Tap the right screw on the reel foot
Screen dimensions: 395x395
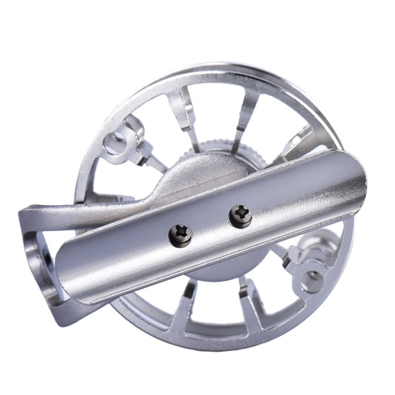(x=240, y=215)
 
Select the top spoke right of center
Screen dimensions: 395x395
(x=246, y=113)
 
